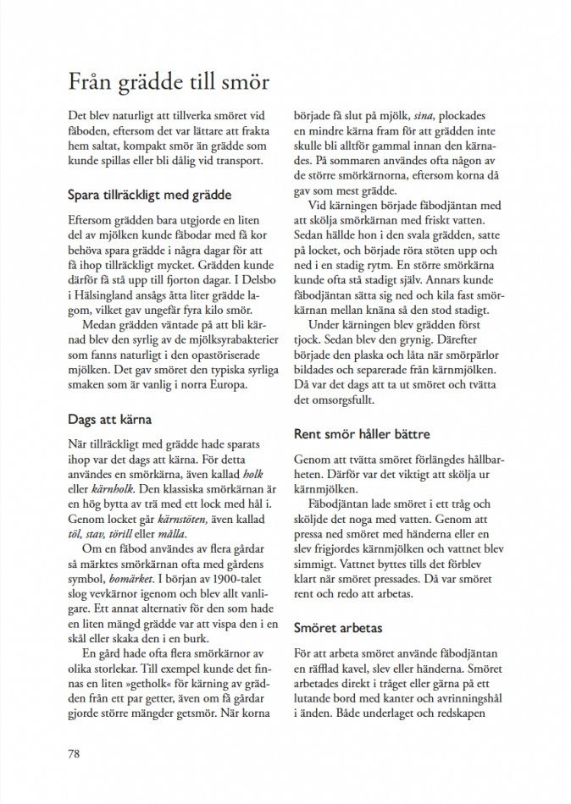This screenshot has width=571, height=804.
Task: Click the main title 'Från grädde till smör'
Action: [169, 83]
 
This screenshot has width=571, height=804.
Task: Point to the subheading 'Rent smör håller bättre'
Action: [362, 434]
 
